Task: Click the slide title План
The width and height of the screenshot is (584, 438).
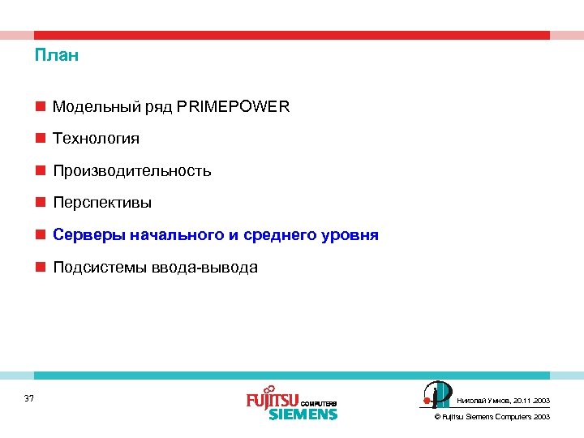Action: pyautogui.click(x=56, y=57)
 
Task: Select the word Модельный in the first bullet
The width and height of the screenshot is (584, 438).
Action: pyautogui.click(x=88, y=106)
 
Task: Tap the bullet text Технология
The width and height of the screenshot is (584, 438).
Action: pyautogui.click(x=96, y=139)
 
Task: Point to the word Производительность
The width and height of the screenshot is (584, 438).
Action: pyautogui.click(x=131, y=171)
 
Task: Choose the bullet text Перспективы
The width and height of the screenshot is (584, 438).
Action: pyautogui.click(x=102, y=203)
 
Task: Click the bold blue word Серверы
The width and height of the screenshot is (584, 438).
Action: pyautogui.click(x=85, y=235)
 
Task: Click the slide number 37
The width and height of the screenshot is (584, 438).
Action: pyautogui.click(x=29, y=398)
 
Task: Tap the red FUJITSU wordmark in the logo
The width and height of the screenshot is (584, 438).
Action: pyautogui.click(x=273, y=400)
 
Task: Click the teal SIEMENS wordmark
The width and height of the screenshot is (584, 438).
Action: pyautogui.click(x=302, y=414)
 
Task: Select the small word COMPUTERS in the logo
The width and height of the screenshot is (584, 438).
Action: pyautogui.click(x=318, y=403)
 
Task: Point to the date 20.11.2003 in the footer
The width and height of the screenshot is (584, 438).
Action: pyautogui.click(x=531, y=401)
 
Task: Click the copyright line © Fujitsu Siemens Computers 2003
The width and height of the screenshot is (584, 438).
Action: pyautogui.click(x=492, y=416)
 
